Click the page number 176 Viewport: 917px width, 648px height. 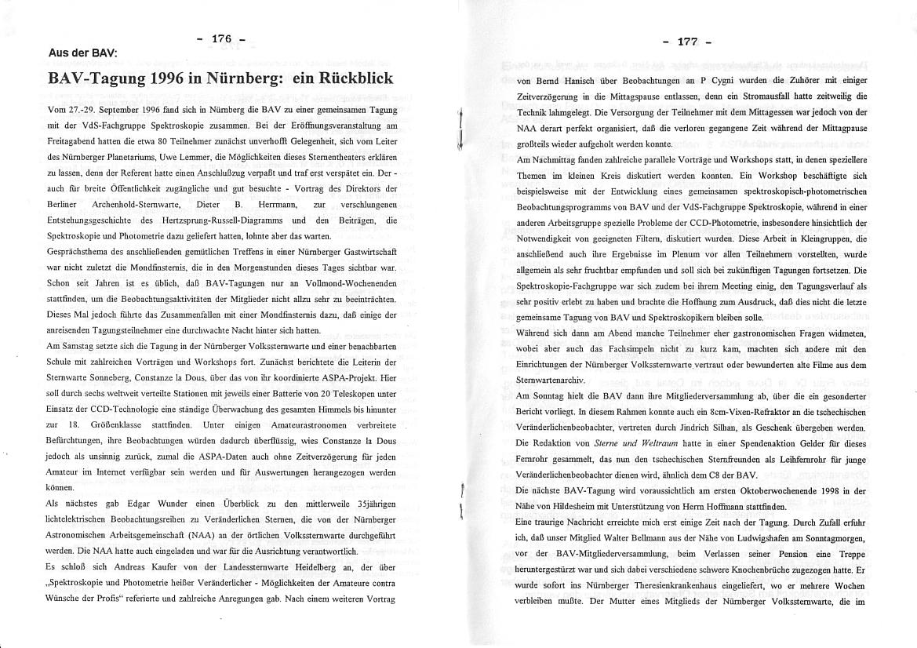click(222, 39)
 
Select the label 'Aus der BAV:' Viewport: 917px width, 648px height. click(82, 53)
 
